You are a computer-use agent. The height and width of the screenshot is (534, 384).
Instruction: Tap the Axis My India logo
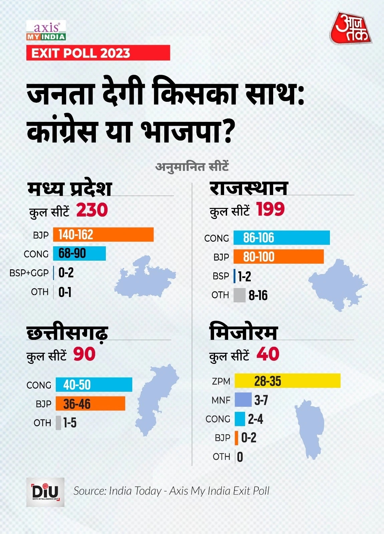pos(46,31)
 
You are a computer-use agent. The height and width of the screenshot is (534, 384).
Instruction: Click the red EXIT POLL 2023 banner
pos(98,53)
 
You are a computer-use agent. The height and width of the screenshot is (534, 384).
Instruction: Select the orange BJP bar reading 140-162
pos(103,235)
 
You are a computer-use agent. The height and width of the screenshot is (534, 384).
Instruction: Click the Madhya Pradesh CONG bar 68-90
pos(79,254)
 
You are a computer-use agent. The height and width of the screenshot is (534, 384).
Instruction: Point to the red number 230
pos(92,210)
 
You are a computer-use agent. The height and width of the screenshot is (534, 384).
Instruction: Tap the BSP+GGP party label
pos(29,273)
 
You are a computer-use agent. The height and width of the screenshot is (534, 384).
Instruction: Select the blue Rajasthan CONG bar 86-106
pos(281,238)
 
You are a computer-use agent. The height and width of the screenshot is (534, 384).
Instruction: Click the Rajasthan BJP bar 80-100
pos(278,257)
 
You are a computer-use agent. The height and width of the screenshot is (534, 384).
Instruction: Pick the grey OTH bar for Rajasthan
pos(239,295)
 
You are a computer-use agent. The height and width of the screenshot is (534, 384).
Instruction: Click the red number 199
pos(270,210)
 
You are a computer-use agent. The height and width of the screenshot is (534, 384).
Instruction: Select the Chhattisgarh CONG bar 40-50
pos(94,384)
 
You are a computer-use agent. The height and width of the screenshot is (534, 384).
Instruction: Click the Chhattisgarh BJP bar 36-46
pos(90,404)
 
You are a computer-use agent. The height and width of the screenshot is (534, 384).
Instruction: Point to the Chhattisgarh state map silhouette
pos(156,399)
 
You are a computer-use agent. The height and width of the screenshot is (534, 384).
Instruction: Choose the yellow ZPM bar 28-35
pos(287,381)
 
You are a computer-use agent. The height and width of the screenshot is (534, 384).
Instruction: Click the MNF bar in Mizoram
pos(243,400)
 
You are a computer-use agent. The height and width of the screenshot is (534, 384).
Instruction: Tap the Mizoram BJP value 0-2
pos(249,438)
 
